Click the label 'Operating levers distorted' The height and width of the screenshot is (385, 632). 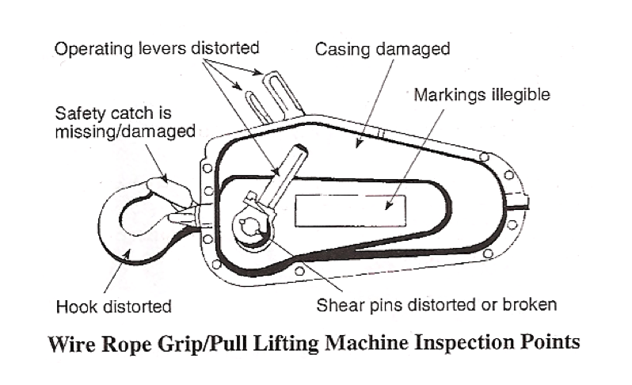coord(156,49)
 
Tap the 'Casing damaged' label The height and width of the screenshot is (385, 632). coord(383,49)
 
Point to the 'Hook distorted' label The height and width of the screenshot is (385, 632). coord(115,305)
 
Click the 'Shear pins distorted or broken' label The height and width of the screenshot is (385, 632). coord(438,304)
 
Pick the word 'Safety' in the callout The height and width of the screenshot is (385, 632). coord(79,113)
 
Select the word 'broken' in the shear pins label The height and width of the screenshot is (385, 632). coord(533,304)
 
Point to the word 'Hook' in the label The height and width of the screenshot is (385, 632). coord(75,305)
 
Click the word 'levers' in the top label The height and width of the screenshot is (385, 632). coord(161,49)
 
